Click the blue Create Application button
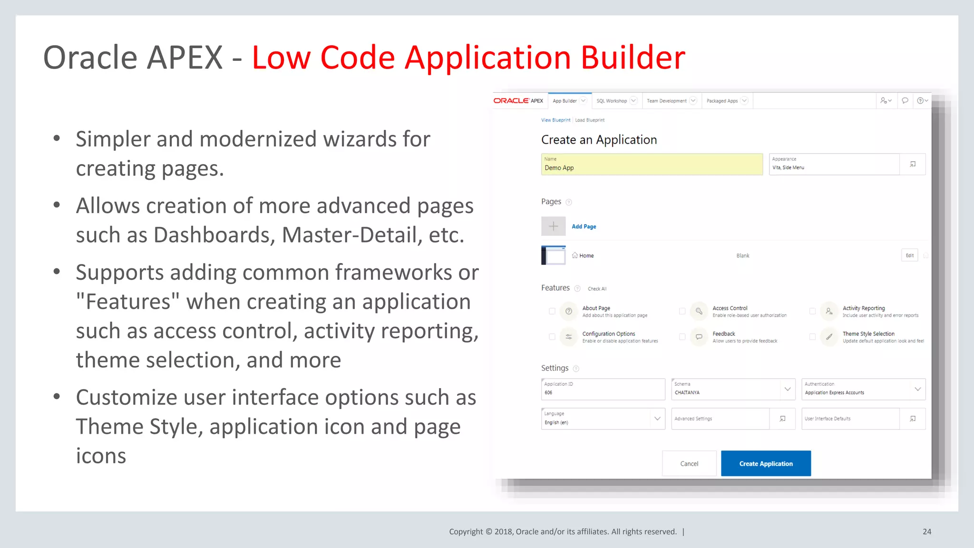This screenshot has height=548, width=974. click(766, 463)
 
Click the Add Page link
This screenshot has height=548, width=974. click(584, 226)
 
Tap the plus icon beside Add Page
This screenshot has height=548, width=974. click(553, 226)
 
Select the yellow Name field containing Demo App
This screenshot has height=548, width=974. click(652, 164)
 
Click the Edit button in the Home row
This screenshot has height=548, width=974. click(909, 255)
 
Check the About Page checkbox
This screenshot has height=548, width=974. click(552, 311)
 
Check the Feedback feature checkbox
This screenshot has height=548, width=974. click(682, 337)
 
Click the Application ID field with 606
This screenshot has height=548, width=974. click(603, 389)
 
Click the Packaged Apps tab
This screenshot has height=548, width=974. click(722, 101)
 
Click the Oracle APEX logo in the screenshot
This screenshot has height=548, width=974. click(518, 101)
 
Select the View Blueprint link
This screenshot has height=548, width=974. click(555, 120)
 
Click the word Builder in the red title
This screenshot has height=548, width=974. click(633, 58)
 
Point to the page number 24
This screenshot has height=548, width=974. click(926, 531)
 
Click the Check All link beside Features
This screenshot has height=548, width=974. click(597, 289)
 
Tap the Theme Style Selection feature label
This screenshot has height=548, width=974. click(868, 334)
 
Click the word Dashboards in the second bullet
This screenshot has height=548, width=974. click(214, 235)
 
